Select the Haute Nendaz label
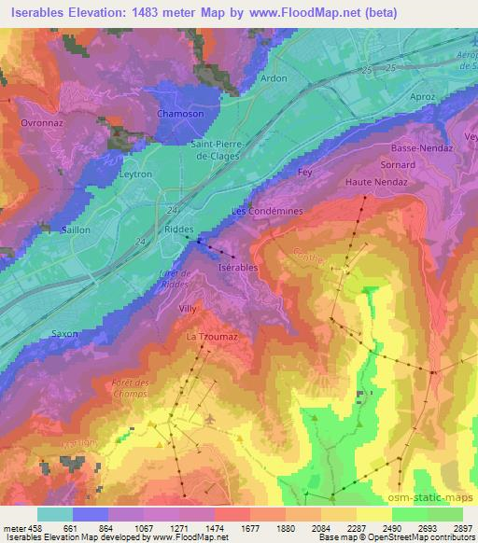[372, 182]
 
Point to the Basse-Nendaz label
[422, 147]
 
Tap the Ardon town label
[273, 79]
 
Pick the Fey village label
[302, 172]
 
